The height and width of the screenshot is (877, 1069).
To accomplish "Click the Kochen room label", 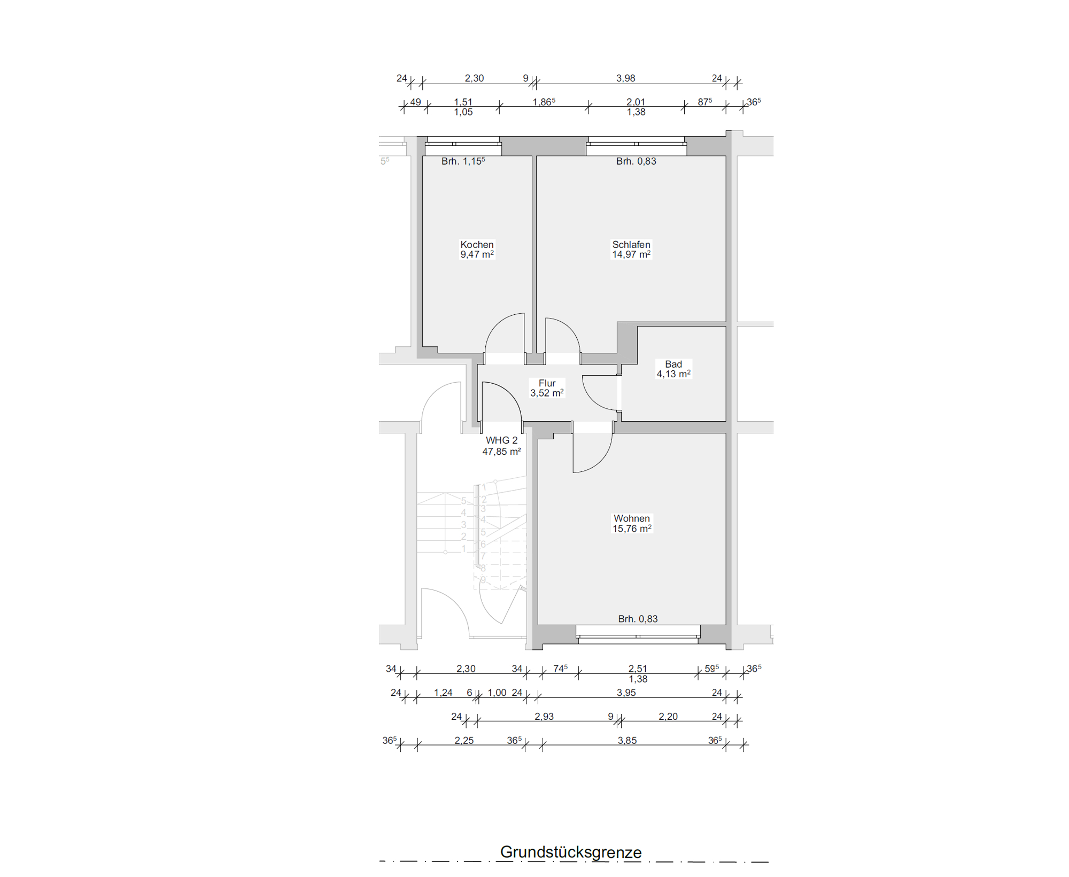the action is [x=477, y=245].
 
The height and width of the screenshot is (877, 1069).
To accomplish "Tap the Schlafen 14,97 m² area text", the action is [x=631, y=254].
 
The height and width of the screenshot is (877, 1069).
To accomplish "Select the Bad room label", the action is [x=673, y=364].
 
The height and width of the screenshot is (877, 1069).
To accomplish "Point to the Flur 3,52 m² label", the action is [x=547, y=388].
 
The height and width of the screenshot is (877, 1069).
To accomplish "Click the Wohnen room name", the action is [x=632, y=518].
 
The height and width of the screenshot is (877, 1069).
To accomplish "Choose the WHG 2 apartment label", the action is [x=501, y=440].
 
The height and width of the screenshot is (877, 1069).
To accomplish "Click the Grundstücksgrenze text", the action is [x=571, y=852].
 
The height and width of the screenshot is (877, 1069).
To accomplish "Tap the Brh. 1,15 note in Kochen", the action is [x=463, y=161].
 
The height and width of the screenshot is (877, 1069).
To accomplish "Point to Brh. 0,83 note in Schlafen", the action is [x=636, y=161].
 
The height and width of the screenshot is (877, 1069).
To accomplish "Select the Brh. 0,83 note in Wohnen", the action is [x=638, y=619].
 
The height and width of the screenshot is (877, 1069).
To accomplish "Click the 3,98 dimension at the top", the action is [x=625, y=78].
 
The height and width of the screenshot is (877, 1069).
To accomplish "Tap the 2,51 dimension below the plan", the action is [x=638, y=669].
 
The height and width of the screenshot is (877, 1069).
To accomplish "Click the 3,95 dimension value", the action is [x=626, y=693].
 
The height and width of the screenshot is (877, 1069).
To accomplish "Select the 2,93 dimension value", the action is [x=544, y=717].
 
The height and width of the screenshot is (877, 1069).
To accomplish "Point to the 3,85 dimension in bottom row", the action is [x=627, y=741].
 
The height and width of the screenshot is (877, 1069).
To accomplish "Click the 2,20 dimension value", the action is [x=668, y=717].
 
